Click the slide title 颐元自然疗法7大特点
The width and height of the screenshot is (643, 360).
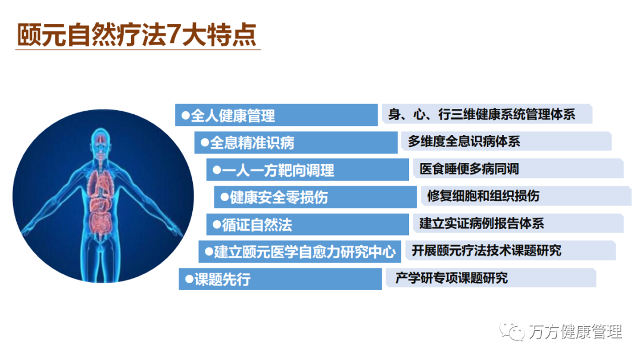pyautogui.click(x=137, y=35)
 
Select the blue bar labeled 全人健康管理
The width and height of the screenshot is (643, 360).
pyautogui.click(x=276, y=115)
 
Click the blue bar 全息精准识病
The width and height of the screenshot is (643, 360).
pyautogui.click(x=296, y=143)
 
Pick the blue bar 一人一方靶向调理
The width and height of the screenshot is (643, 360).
pyautogui.click(x=308, y=170)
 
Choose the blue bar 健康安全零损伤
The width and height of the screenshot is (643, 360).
pyautogui.click(x=316, y=197)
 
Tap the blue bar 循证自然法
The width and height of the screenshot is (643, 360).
pyautogui.click(x=308, y=225)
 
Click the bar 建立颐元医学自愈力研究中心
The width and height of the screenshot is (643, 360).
pyautogui.click(x=299, y=252)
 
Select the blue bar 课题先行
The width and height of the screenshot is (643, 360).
pyautogui.click(x=280, y=279)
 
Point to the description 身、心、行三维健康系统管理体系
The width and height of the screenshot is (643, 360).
pyautogui.click(x=482, y=114)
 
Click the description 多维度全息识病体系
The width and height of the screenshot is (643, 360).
pyautogui.click(x=464, y=142)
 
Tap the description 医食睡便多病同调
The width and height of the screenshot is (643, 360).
pyautogui.click(x=469, y=168)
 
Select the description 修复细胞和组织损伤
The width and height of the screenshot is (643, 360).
pyautogui.click(x=483, y=196)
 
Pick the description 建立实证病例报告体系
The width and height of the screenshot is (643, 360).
pyautogui.click(x=482, y=224)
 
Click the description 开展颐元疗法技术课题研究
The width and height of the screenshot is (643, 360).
pyautogui.click(x=486, y=251)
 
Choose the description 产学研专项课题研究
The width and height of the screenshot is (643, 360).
pyautogui.click(x=451, y=278)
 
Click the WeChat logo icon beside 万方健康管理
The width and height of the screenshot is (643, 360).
pyautogui.click(x=512, y=330)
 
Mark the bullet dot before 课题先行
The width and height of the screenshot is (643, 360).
pyautogui.click(x=189, y=280)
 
